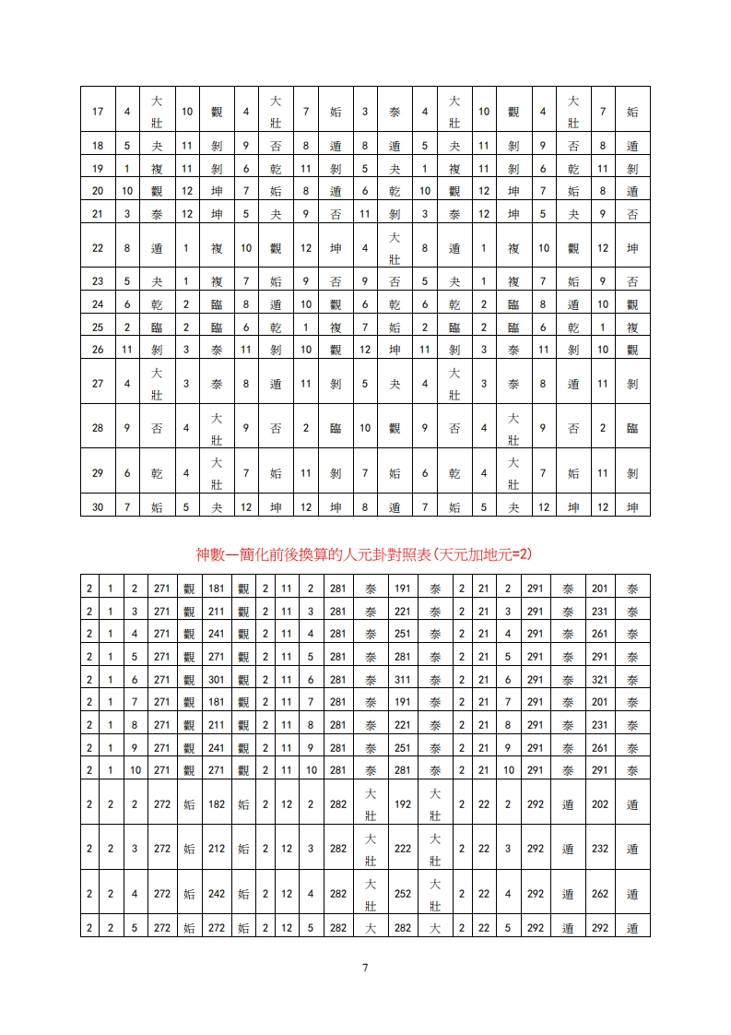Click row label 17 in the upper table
pyautogui.click(x=98, y=112)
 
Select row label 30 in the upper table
pyautogui.click(x=98, y=506)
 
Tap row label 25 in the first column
pyautogui.click(x=98, y=327)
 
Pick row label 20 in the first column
pyautogui.click(x=98, y=191)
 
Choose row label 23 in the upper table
pyautogui.click(x=98, y=281)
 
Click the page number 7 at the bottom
pyautogui.click(x=365, y=968)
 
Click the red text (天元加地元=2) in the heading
pyautogui.click(x=479, y=553)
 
